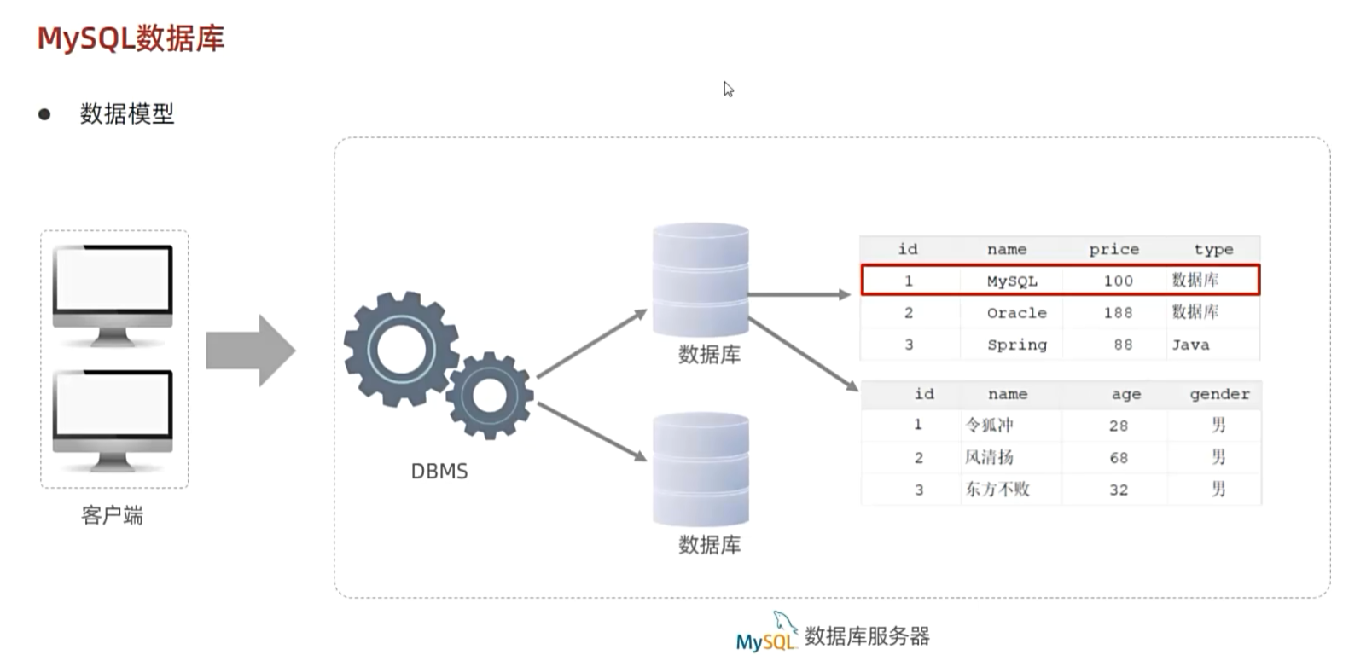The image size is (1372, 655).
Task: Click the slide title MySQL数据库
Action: click(x=131, y=38)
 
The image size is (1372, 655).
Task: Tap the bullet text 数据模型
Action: click(x=127, y=113)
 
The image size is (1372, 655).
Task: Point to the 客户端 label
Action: click(x=113, y=515)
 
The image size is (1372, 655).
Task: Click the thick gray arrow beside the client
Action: click(x=251, y=350)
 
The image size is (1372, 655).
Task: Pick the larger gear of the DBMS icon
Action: click(x=400, y=347)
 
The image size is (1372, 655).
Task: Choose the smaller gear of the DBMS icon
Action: click(x=490, y=395)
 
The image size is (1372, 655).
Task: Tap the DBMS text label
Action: click(x=439, y=471)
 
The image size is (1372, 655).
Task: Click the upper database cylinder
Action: click(x=701, y=280)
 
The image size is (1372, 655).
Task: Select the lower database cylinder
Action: click(x=701, y=469)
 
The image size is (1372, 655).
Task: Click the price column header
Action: click(x=1113, y=249)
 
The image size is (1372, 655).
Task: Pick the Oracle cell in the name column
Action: click(x=1016, y=313)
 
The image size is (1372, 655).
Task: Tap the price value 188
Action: click(x=1118, y=313)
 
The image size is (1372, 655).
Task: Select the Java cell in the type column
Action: click(x=1190, y=345)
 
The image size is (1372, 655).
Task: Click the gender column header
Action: click(x=1219, y=394)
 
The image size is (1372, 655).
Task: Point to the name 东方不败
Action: click(x=997, y=490)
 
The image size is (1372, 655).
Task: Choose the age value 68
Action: click(x=1119, y=458)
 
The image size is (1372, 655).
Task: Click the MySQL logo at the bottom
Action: click(x=765, y=635)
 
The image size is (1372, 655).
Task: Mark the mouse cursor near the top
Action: click(x=727, y=89)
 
